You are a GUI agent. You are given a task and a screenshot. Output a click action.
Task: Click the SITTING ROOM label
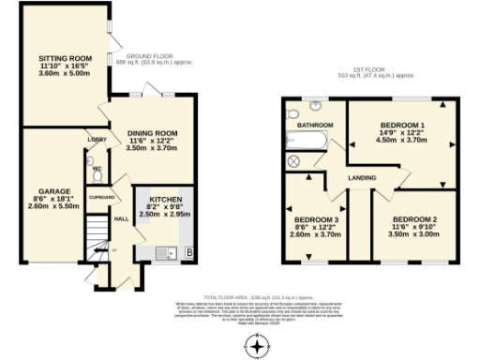pos(58,58)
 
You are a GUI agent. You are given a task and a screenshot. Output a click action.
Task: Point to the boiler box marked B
pos(188,253)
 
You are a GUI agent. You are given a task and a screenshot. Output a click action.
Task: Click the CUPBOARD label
pos(101,198)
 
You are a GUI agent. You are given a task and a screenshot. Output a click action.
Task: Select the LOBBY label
pos(97,139)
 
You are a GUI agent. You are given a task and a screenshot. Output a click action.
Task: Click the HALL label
pos(121,219)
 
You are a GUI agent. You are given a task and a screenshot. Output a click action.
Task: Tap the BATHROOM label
pos(315,125)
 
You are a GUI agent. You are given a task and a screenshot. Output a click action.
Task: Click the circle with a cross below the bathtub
pos(293,161)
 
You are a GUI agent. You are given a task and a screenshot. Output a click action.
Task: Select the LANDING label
pos(362,176)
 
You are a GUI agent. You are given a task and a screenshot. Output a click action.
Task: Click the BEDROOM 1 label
pos(402,125)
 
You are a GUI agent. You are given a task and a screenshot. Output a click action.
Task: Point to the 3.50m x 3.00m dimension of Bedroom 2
pos(413,234)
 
